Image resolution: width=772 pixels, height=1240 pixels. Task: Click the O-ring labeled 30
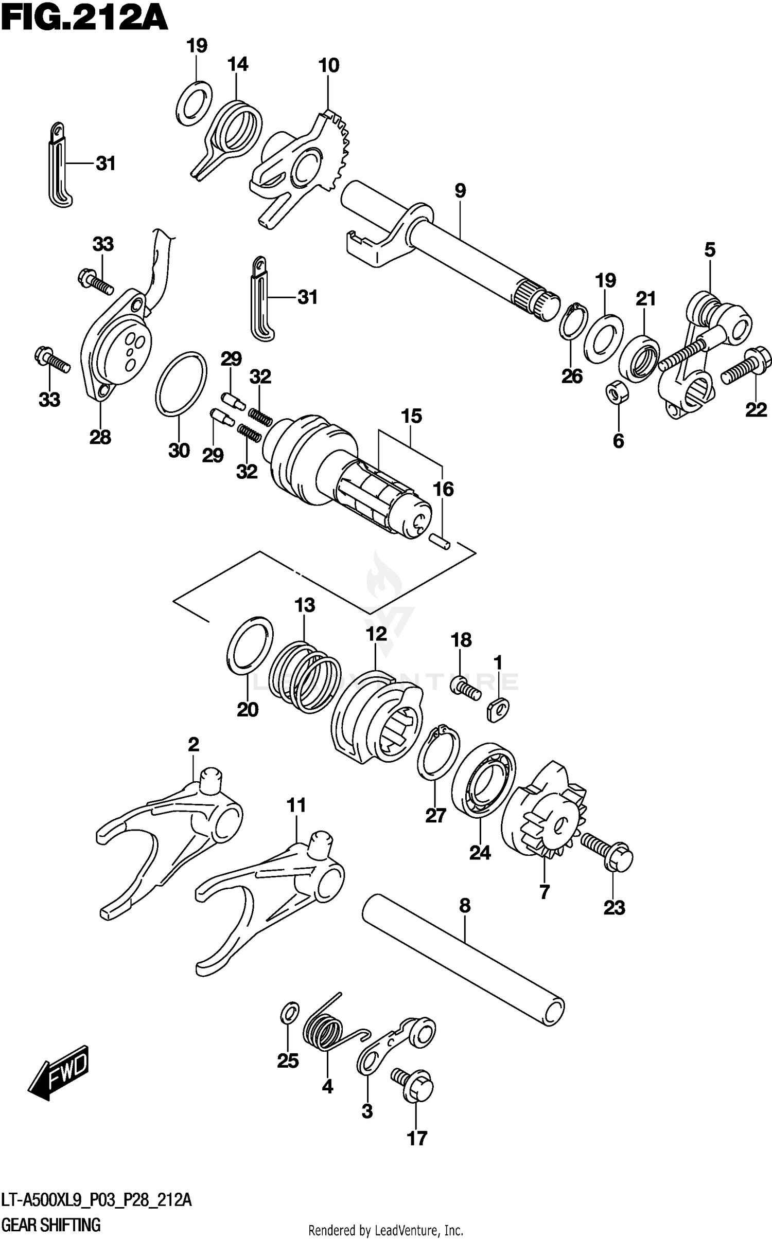pos(181,383)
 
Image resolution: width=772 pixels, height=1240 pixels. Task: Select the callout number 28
pos(100,438)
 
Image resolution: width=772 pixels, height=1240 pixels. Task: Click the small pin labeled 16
pos(441,541)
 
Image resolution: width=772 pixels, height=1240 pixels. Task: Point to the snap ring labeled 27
pos(437,753)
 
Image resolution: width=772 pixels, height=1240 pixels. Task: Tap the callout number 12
pos(376,634)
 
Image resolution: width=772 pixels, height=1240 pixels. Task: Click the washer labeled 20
pos(250,645)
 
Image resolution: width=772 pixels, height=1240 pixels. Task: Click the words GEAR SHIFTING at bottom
pos(50,1221)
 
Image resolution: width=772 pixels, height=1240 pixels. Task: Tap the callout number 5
pos(710,250)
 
